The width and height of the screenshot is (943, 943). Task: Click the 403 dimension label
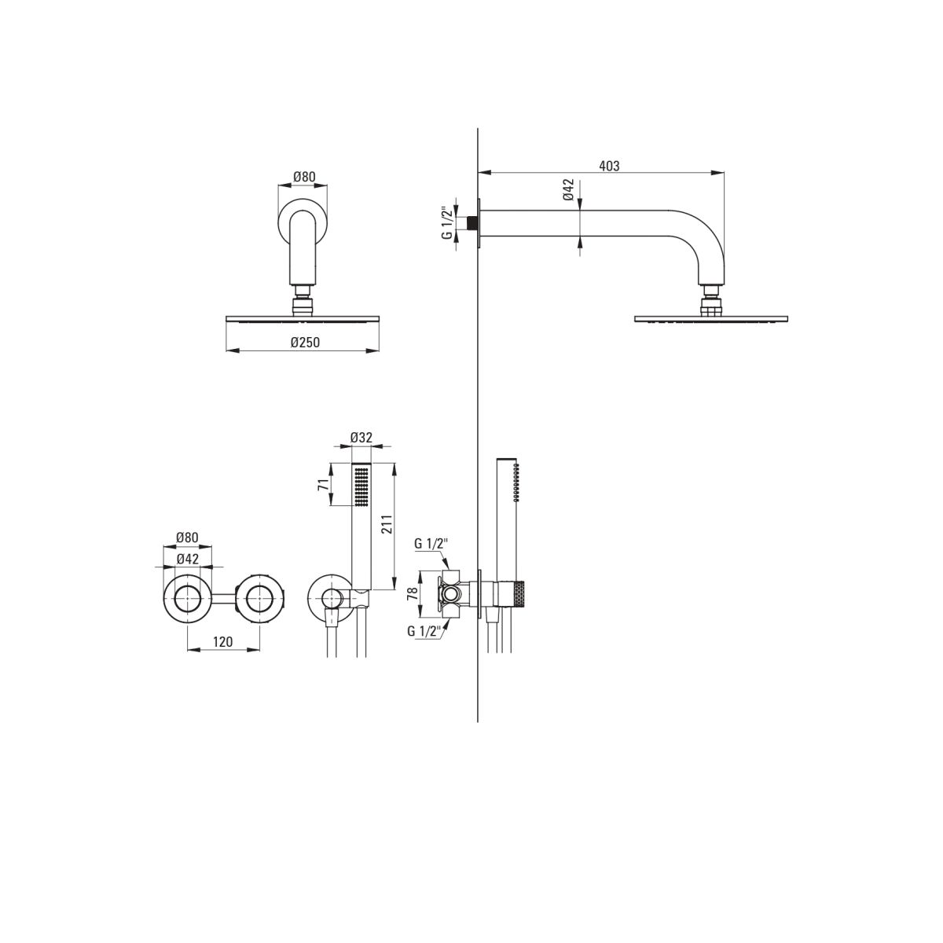[609, 166]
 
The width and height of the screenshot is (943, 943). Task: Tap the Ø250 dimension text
[305, 342]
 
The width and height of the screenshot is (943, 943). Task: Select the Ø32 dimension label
[361, 438]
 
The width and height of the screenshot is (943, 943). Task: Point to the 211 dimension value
[387, 524]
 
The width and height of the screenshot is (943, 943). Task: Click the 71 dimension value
[323, 485]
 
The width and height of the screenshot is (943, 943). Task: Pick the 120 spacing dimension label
[222, 641]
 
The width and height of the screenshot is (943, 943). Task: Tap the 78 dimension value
[413, 593]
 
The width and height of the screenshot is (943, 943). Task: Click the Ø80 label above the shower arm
[304, 177]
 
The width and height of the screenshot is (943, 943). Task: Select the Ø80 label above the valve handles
[188, 538]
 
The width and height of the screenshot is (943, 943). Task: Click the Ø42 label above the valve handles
[188, 559]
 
